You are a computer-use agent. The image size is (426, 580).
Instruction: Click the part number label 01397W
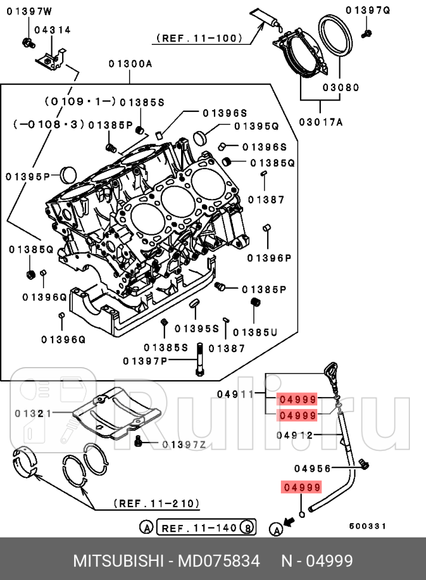[x=29, y=10]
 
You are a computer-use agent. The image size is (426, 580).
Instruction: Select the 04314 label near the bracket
[x=52, y=29]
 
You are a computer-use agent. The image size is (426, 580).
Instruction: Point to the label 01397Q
[x=368, y=10]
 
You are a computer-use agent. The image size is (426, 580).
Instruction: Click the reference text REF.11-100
[x=200, y=38]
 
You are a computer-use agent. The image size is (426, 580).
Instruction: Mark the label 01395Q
[x=256, y=126]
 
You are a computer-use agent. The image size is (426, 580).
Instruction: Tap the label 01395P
[x=27, y=176]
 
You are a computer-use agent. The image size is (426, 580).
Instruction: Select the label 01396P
[x=269, y=258]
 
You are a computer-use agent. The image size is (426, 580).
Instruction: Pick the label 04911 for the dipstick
[x=235, y=394]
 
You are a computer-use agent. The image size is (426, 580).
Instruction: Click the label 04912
[x=295, y=435]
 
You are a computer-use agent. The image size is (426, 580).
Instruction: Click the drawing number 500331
[x=367, y=526]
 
